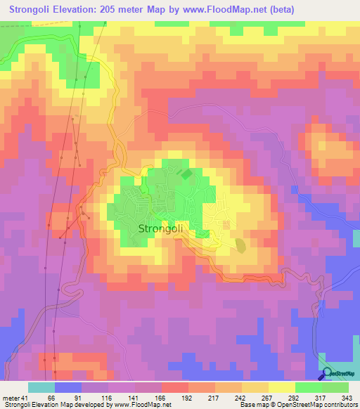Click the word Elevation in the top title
[x=77, y=9]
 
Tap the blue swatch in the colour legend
[x=67, y=387]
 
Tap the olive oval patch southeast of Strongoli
[x=240, y=246]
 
